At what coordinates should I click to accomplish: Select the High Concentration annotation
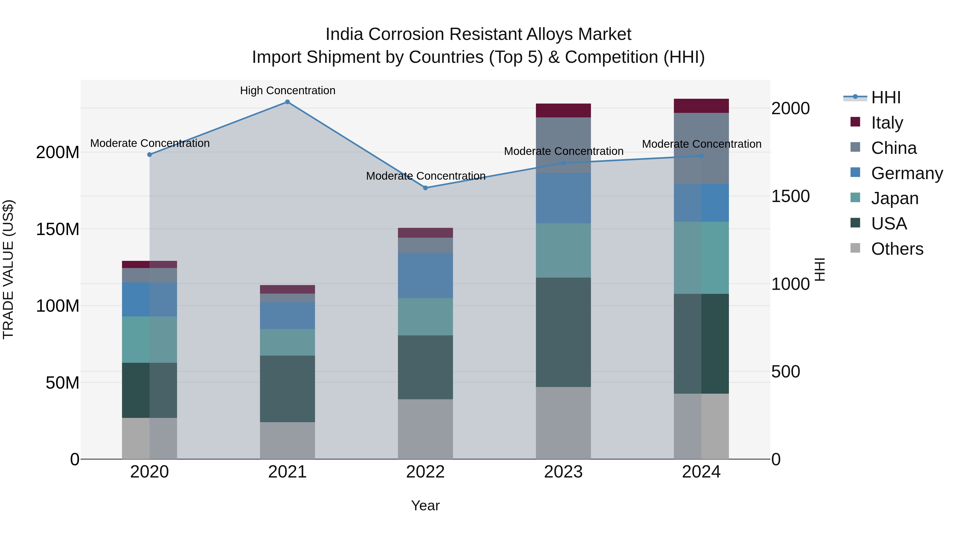[288, 90]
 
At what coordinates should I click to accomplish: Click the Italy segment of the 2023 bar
[563, 110]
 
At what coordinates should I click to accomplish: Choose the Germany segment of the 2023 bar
[563, 198]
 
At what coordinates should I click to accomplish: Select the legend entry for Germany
[906, 173]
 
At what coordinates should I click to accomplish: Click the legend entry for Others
[897, 249]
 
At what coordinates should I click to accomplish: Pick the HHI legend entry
[886, 97]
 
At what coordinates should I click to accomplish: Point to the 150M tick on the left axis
[58, 229]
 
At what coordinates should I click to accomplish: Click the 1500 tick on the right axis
[790, 196]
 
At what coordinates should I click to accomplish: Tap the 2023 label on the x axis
[563, 472]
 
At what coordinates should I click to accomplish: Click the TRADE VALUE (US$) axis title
[8, 269]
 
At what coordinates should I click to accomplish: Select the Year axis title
[425, 505]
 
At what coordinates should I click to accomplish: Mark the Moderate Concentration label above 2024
[702, 144]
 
